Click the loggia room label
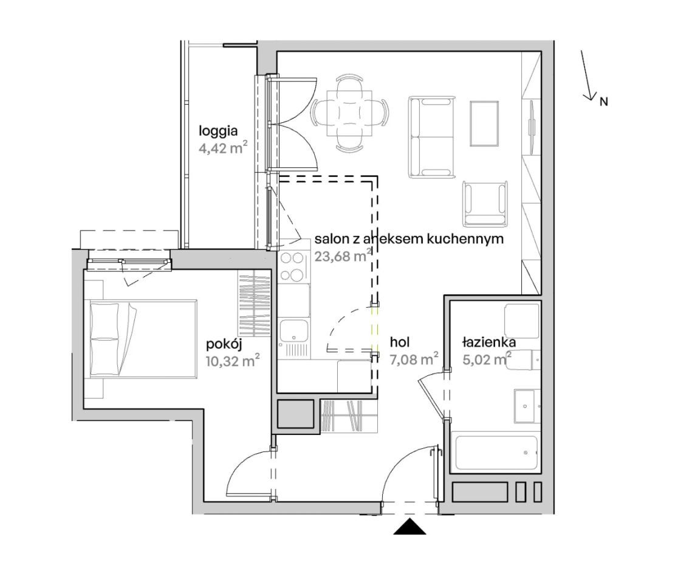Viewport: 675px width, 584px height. (x=218, y=131)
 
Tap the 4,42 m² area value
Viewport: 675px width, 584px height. (x=223, y=148)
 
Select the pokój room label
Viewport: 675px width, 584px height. (x=224, y=344)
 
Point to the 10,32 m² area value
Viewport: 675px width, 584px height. (x=233, y=360)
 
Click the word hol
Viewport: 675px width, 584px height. (x=400, y=342)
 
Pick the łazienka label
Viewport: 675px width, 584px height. (x=489, y=342)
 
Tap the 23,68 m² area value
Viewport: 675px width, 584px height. (x=343, y=256)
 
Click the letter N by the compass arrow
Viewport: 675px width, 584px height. (x=603, y=102)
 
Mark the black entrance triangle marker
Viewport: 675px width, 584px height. (x=410, y=527)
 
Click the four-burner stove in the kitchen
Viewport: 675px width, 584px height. (x=293, y=267)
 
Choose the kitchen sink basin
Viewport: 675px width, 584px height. (x=293, y=330)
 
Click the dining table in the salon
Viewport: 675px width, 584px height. (x=349, y=113)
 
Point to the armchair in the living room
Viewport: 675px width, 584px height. (x=485, y=203)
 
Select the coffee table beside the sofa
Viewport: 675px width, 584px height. (x=484, y=124)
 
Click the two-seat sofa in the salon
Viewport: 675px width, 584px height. (x=432, y=137)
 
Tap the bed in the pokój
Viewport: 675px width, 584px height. (x=143, y=339)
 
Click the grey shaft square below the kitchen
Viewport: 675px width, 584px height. (x=295, y=414)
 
